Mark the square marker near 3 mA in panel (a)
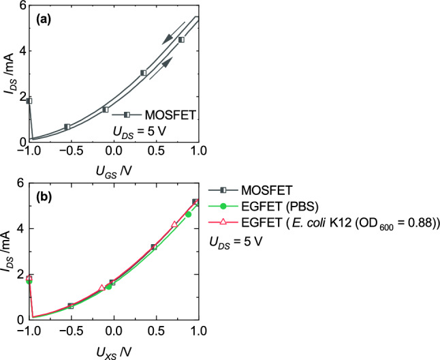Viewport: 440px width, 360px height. [x=144, y=72]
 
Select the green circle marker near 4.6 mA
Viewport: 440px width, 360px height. [x=189, y=215]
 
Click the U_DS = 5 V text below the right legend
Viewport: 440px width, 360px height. [x=234, y=241]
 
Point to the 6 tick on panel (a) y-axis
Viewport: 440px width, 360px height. [x=22, y=5]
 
